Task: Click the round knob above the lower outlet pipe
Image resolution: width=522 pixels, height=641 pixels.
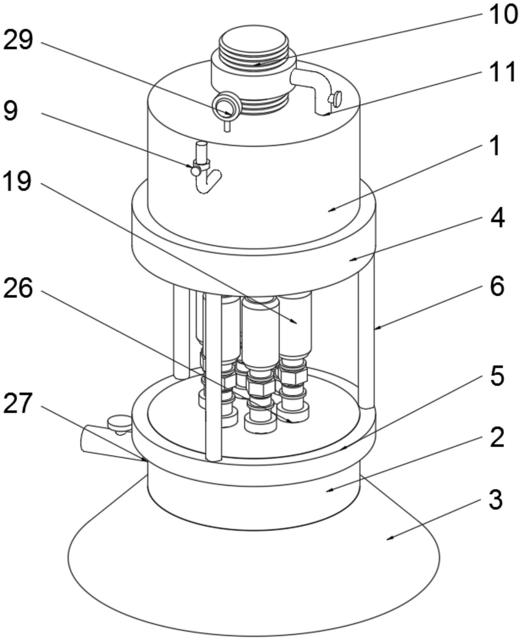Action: click(x=120, y=423)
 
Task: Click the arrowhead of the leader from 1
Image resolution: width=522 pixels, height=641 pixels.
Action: click(x=330, y=210)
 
